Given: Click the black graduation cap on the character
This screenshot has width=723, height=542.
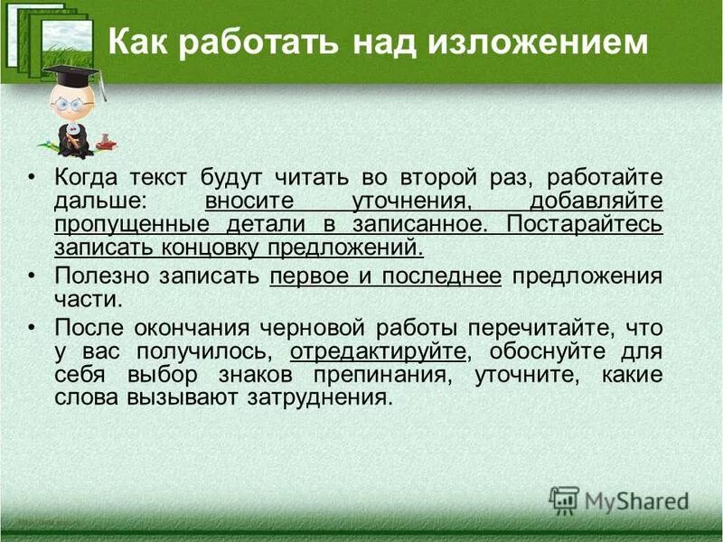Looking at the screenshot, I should pyautogui.click(x=73, y=78).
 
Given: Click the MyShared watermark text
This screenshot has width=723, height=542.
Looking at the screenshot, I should pyautogui.click(x=636, y=501).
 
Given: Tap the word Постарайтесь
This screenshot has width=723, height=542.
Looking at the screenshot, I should pyautogui.click(x=585, y=222).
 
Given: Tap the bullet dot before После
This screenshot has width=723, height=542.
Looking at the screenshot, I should pyautogui.click(x=33, y=326).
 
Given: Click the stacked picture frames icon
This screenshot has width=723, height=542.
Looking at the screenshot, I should pyautogui.click(x=50, y=36).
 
